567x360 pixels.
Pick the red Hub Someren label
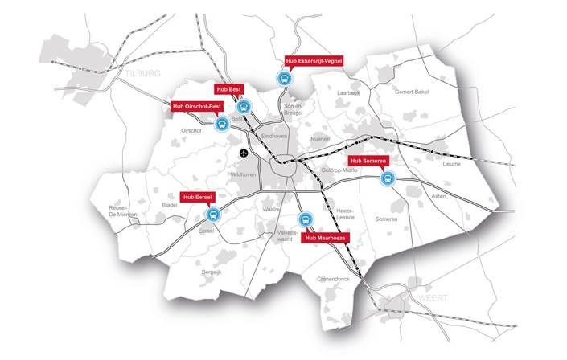click(368, 161)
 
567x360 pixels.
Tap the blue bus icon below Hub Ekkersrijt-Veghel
click(283, 79)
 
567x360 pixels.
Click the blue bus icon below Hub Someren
click(387, 179)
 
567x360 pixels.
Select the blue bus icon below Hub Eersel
click(213, 215)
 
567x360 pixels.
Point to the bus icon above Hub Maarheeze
click(305, 219)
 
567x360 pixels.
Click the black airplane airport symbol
click(244, 153)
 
